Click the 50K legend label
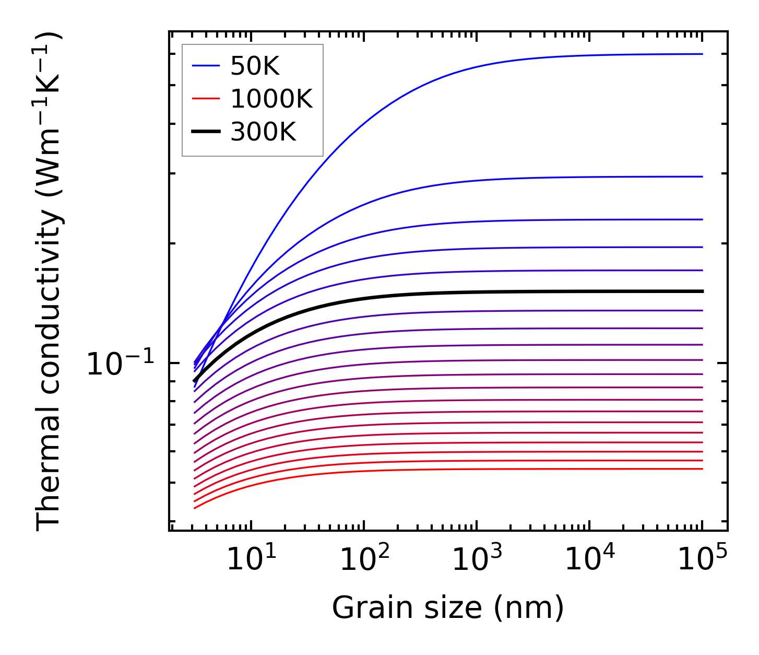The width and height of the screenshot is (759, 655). tap(255, 66)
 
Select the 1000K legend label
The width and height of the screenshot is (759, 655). tap(271, 99)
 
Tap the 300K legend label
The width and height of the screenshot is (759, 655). tap(263, 132)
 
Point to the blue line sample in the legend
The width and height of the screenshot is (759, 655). tap(206, 66)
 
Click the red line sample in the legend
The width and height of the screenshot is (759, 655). tap(206, 99)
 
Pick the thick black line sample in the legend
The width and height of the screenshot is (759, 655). tap(206, 132)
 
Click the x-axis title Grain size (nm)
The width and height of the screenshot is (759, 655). tap(448, 609)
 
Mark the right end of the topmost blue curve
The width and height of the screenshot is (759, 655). tap(702, 54)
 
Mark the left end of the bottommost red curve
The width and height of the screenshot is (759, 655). tap(194, 508)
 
